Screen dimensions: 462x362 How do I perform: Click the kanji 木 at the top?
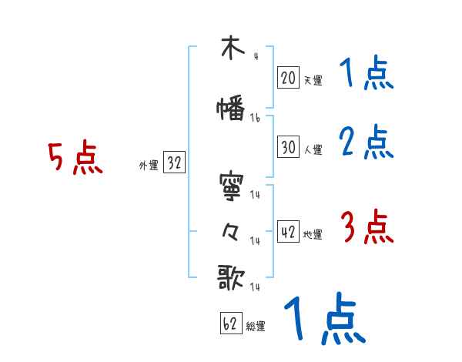coord(230,49)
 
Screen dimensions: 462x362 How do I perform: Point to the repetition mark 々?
coord(230,232)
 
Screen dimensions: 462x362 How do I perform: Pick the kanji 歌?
coord(231,278)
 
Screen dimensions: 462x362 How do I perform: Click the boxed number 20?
coord(288,78)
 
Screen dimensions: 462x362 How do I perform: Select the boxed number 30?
coord(288,146)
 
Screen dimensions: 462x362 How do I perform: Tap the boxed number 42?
coord(288,233)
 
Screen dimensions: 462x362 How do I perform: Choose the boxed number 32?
coord(174,163)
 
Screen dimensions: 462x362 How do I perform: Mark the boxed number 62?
coord(230,324)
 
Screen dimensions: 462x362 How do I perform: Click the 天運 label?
coord(312,79)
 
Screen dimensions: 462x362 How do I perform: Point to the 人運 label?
coord(312,149)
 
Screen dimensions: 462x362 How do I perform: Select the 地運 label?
coord(312,234)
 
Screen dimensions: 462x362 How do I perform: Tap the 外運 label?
coord(149,165)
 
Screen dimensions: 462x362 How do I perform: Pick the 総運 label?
coord(256,326)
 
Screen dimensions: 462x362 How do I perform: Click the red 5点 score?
coord(75,158)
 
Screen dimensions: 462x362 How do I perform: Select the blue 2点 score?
coord(367,142)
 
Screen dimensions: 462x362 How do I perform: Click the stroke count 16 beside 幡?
coord(256,118)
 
